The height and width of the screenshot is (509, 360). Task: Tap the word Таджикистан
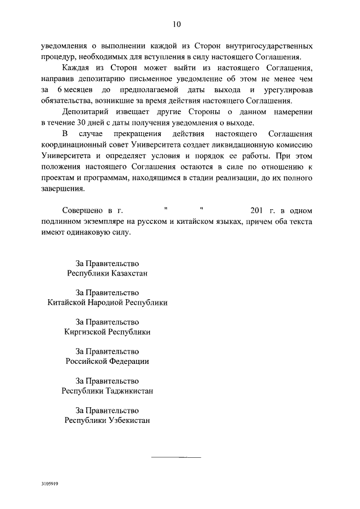coord(128,390)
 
